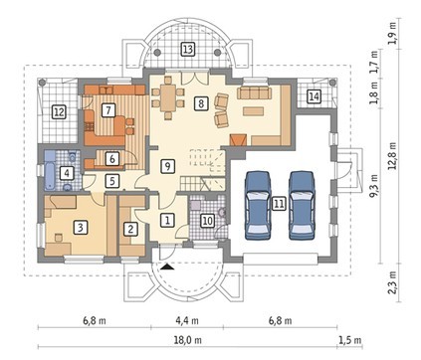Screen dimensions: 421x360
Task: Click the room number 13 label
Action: pos(188,50)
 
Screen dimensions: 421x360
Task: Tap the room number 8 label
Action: pos(201,103)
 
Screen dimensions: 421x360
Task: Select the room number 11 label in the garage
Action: pos(279,204)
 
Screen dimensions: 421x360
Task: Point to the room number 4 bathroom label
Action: pos(67,173)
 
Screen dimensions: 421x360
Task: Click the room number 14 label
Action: pos(314,96)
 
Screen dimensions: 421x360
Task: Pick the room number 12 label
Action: pos(59,112)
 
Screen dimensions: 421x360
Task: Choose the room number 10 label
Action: pos(208,221)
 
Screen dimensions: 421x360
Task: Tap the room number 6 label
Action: pos(112,159)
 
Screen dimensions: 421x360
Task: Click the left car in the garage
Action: pos(258,206)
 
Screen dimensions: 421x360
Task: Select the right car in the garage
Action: pos(302,206)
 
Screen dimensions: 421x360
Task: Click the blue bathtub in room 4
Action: pos(51,170)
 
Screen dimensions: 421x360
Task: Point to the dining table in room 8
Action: pos(168,98)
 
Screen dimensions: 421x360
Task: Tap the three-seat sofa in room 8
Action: pos(254,93)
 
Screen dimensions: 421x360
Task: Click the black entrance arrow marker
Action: pos(168,267)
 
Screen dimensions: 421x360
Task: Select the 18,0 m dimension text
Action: pos(188,340)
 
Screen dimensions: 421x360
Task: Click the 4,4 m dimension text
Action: pos(187,320)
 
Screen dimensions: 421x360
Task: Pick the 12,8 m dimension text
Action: pos(393,156)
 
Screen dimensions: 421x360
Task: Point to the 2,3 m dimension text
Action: pos(393,282)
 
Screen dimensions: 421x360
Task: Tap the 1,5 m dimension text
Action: pos(350,340)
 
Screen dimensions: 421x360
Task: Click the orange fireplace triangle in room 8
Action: pos(239,139)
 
